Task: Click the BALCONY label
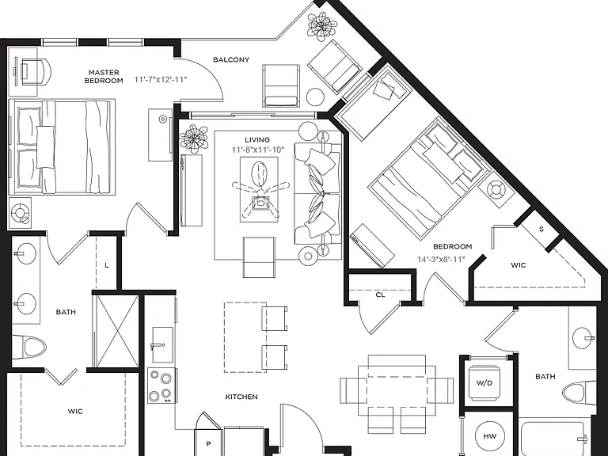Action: pyautogui.click(x=231, y=59)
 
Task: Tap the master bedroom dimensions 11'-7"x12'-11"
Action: pyautogui.click(x=161, y=79)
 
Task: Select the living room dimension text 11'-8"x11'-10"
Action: pyautogui.click(x=258, y=150)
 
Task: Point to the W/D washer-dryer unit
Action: pyautogui.click(x=484, y=383)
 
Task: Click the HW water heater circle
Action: pyautogui.click(x=490, y=436)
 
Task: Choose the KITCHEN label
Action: pyautogui.click(x=241, y=397)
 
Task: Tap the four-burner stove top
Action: pyautogui.click(x=162, y=386)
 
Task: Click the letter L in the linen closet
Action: pyautogui.click(x=107, y=266)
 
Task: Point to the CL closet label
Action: pyautogui.click(x=380, y=295)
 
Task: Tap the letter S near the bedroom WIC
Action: pyautogui.click(x=541, y=229)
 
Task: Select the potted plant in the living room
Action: pyautogui.click(x=193, y=139)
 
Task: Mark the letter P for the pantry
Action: pyautogui.click(x=208, y=444)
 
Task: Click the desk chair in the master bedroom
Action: pyautogui.click(x=36, y=71)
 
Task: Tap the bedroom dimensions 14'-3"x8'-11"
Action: pyautogui.click(x=441, y=260)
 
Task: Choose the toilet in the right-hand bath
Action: pyautogui.click(x=579, y=393)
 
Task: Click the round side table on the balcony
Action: pyautogui.click(x=315, y=97)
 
